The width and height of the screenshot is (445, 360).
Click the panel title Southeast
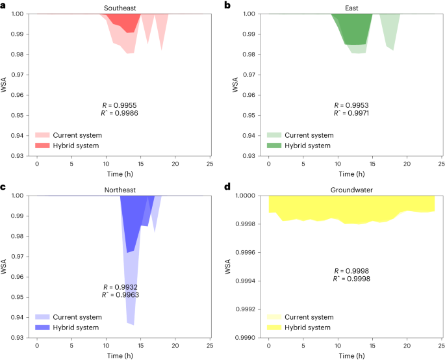123,8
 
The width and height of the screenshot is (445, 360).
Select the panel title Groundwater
351,190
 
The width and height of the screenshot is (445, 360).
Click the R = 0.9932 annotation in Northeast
120,287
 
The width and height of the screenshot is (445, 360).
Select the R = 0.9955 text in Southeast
120,105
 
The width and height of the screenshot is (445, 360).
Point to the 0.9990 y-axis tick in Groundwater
244,338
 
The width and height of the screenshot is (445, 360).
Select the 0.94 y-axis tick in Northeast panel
18,318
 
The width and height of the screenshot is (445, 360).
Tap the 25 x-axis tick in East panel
442,162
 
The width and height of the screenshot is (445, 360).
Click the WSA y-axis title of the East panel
236,85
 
